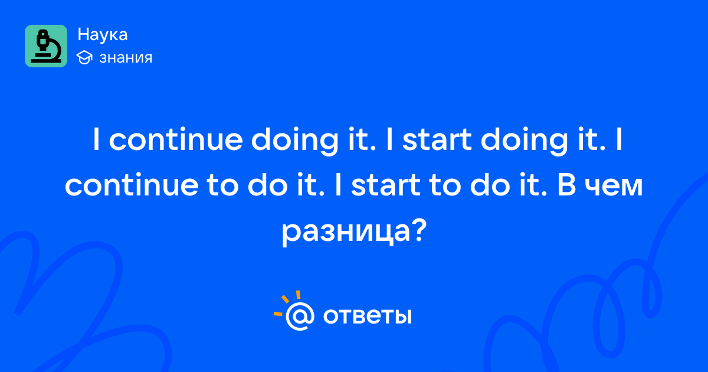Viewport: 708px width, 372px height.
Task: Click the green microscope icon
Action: coord(46,46)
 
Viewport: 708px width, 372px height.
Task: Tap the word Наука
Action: coord(103,34)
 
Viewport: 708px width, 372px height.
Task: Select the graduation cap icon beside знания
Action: coord(84,57)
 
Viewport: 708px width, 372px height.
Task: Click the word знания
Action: coord(126,58)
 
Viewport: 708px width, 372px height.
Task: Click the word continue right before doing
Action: coord(176,139)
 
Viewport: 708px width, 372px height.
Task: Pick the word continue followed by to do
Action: coord(132,185)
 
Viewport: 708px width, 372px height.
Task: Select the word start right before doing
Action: coord(437,140)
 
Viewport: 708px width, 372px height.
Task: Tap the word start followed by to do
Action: coord(386,185)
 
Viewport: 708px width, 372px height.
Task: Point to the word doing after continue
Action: coord(294,141)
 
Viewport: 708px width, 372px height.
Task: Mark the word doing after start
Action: coord(524,141)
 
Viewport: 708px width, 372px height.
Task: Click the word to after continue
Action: coord(222,186)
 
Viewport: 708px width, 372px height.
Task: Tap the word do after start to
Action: coord(490,184)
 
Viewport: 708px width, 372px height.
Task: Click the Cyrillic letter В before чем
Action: coord(566,185)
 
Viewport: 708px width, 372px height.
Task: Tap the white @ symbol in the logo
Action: coord(300,316)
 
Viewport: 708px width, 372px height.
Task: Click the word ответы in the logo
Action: coord(367,316)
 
